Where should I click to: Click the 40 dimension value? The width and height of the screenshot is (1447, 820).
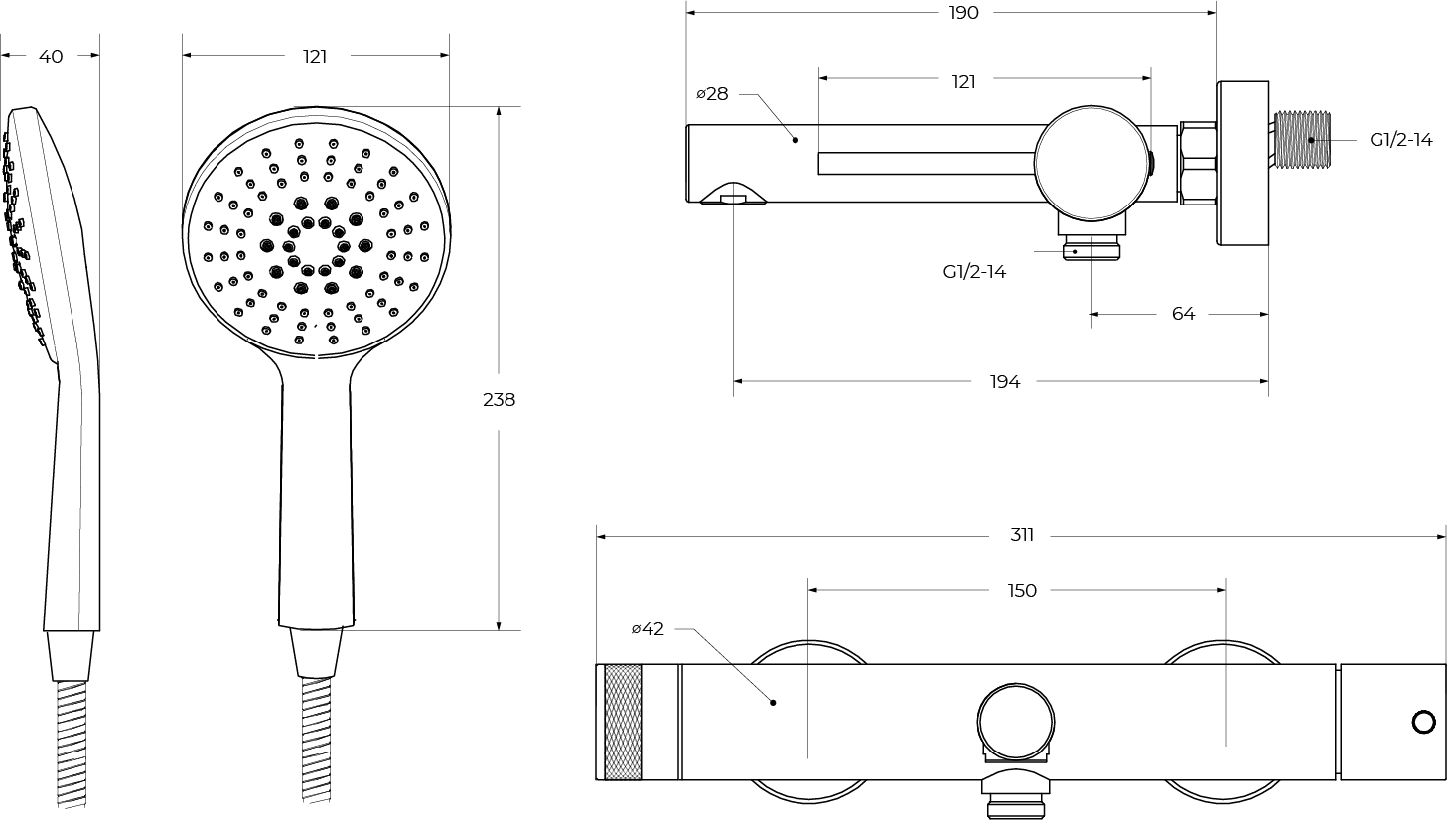tap(51, 57)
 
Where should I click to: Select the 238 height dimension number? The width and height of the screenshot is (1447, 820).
tap(499, 400)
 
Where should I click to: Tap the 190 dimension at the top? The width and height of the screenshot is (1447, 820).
tap(963, 13)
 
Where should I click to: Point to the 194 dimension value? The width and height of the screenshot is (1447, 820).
tap(1005, 382)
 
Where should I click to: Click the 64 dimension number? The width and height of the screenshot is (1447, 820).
tap(1184, 314)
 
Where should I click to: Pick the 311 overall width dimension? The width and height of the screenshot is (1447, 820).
tap(1022, 535)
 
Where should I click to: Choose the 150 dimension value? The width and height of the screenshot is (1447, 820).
tap(1022, 590)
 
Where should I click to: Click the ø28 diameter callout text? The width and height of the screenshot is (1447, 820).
tap(712, 94)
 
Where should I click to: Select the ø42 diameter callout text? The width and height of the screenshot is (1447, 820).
tap(648, 628)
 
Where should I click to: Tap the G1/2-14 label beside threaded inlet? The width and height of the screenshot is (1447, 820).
tap(1401, 140)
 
